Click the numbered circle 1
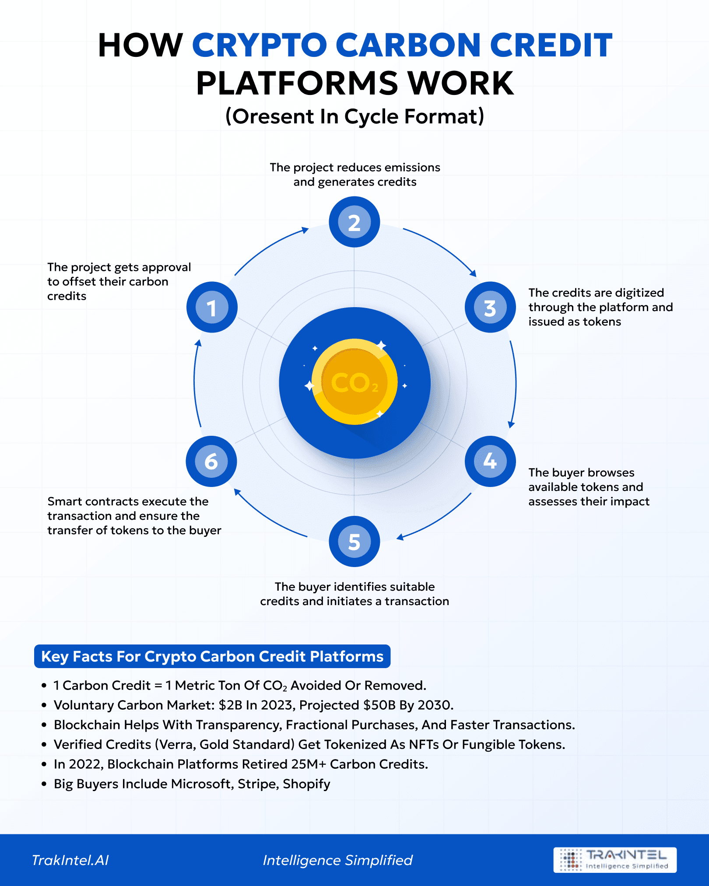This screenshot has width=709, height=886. click(x=212, y=307)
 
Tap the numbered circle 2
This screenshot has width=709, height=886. click(x=354, y=222)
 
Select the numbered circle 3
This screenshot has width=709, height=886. click(x=490, y=307)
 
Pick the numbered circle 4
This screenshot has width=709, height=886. click(x=490, y=461)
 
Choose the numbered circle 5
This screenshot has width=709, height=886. click(x=354, y=541)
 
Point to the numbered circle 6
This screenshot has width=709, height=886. click(x=211, y=461)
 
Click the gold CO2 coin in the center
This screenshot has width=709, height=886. click(x=354, y=382)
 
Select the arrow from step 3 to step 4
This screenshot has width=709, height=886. click(x=515, y=383)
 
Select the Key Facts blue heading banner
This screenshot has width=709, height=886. click(x=212, y=656)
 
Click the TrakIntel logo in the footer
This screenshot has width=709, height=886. click(x=614, y=860)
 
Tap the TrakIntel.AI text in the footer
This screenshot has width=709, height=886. click(x=70, y=860)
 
